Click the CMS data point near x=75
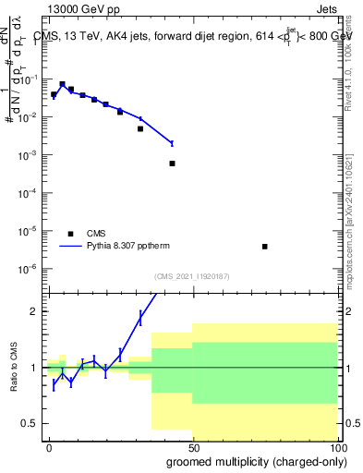[265, 247]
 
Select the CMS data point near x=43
[173, 164]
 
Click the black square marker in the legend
[71, 234]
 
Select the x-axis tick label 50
[192, 447]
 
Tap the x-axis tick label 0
[49, 447]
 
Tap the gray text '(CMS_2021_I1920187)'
[191, 276]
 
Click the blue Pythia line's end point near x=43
[173, 142]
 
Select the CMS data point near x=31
[140, 128]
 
